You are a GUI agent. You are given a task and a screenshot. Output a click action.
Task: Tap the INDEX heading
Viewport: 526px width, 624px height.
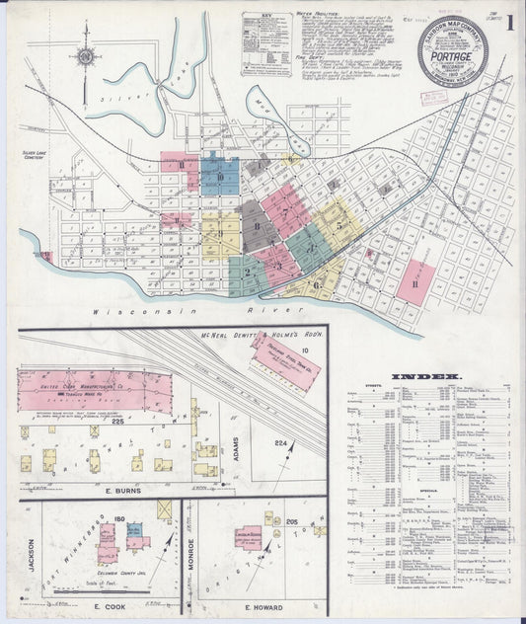pos(425,376)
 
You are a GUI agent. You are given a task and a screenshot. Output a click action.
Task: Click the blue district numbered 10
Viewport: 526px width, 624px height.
pos(220,178)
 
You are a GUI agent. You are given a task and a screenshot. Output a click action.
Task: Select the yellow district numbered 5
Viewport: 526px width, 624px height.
pos(339,225)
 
